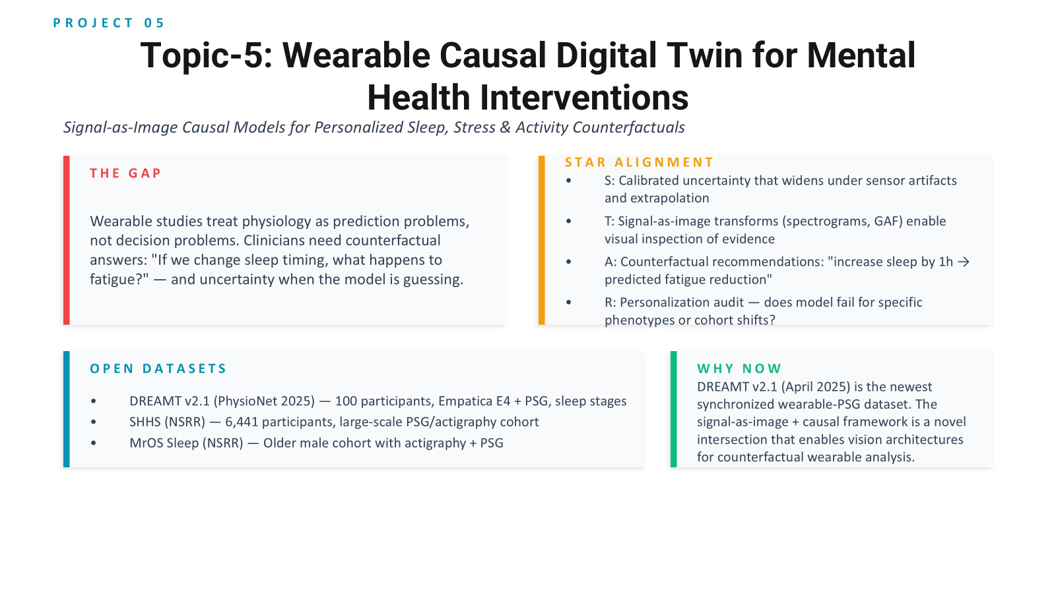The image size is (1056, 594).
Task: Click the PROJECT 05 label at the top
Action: pos(108,22)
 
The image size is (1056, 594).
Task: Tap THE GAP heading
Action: pos(125,173)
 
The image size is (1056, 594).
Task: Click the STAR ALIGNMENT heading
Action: pos(640,162)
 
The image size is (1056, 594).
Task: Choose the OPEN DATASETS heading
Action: pos(158,368)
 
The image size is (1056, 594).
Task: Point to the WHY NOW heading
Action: pos(739,368)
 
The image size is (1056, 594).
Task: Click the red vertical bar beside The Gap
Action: pos(67,240)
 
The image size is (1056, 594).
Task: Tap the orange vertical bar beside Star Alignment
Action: pos(542,240)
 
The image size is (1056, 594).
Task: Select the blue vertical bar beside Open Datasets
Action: pos(67,409)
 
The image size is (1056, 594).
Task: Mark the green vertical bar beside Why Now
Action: pos(674,409)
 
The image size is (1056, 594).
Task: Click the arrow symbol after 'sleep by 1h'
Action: pos(964,261)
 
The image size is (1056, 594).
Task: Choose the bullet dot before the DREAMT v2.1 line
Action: pos(93,401)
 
